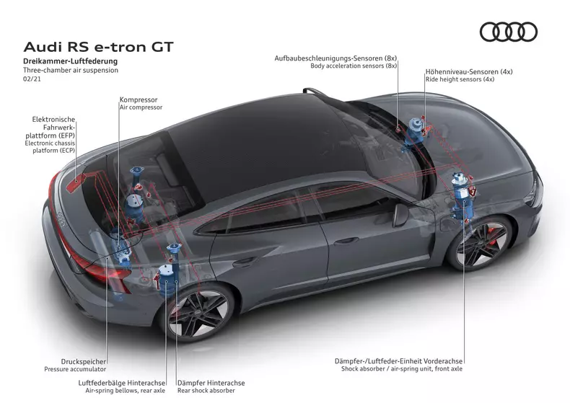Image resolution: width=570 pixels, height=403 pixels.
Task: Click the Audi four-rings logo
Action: click(509, 32)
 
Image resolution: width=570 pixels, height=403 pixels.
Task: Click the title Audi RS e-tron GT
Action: click(99, 47)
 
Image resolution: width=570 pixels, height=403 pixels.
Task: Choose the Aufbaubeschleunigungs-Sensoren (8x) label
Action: click(336, 57)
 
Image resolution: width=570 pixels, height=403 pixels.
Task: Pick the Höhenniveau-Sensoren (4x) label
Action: click(469, 71)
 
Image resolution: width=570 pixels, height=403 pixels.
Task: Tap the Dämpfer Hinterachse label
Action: click(211, 383)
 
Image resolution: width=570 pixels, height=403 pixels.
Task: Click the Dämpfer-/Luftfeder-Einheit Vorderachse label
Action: click(398, 360)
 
